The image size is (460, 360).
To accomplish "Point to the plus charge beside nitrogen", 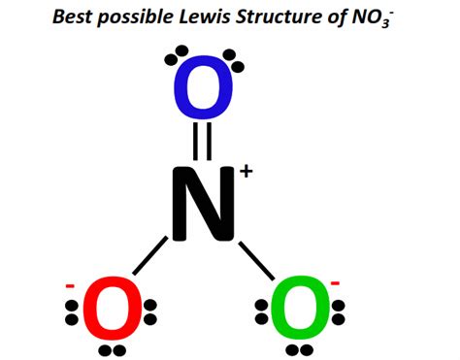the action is click(246, 172).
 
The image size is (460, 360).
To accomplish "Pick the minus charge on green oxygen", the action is click(335, 283).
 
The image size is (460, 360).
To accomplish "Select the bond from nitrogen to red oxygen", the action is click(150, 261).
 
